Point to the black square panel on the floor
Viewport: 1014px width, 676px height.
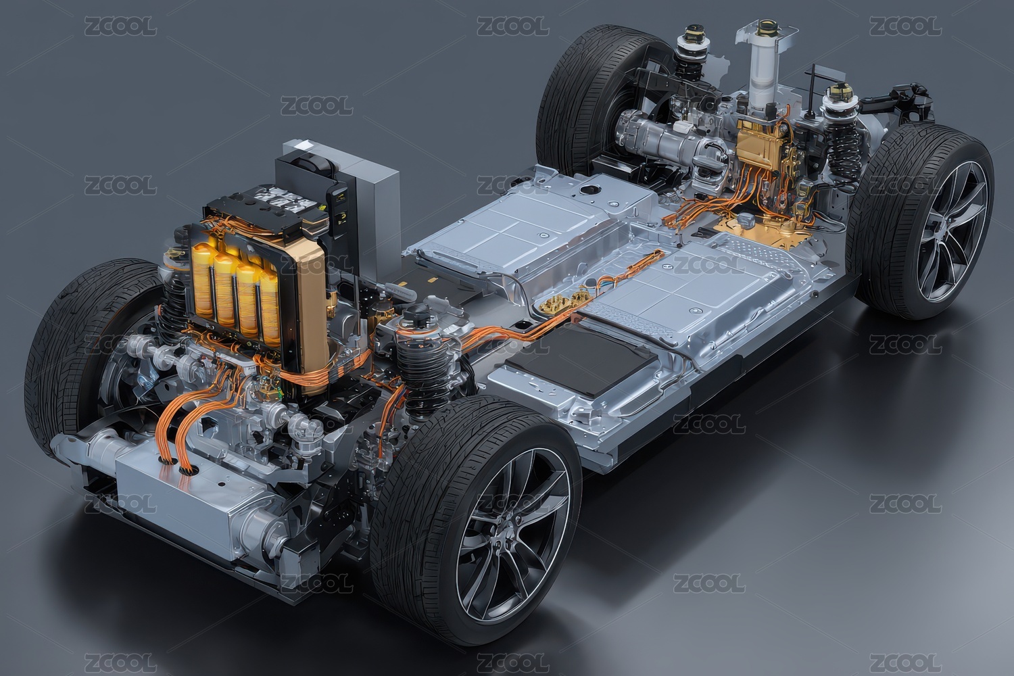click(581, 360)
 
